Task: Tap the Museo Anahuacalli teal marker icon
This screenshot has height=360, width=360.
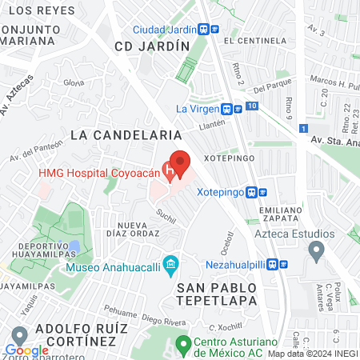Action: point(170,263)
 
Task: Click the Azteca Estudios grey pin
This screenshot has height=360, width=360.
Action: point(316,252)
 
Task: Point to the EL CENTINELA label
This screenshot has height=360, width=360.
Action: point(255,39)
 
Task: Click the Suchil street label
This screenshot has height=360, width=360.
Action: point(166,214)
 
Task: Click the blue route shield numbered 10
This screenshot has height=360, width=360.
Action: point(252,106)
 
